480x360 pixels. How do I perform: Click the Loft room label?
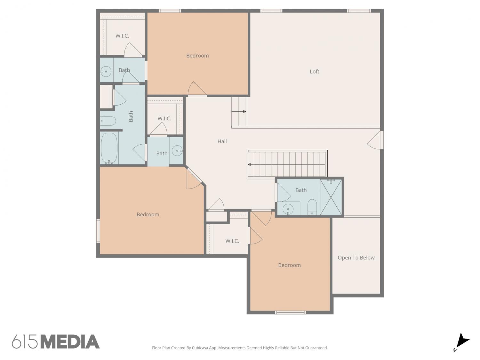[x=314, y=71]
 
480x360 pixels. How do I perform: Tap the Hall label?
[x=222, y=141]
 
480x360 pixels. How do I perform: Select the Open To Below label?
[x=356, y=258]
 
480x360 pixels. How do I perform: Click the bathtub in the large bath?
[x=109, y=148]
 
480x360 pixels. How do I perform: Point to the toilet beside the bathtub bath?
[x=108, y=121]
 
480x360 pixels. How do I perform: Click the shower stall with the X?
[x=331, y=197]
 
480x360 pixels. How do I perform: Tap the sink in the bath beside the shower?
[x=288, y=209]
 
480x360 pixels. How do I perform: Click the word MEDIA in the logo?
[x=70, y=342]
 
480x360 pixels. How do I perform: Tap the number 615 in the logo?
[x=25, y=342]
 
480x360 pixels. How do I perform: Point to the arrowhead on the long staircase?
[x=249, y=164]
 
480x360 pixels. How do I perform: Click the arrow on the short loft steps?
[x=238, y=111]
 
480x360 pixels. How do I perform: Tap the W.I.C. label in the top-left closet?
[x=122, y=36]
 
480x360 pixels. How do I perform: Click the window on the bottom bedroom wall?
[x=290, y=313]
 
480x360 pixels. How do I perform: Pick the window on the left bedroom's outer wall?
[x=98, y=231]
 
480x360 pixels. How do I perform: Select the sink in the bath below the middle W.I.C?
[x=177, y=151]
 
